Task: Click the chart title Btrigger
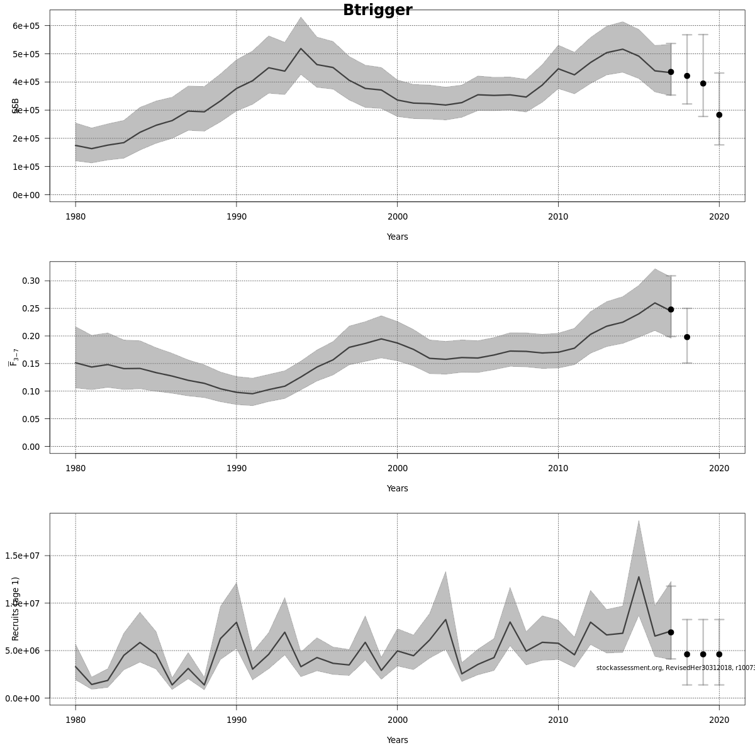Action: (377, 10)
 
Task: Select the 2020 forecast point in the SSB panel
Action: (719, 115)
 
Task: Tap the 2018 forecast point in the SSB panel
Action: (687, 76)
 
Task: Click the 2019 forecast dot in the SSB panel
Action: (703, 84)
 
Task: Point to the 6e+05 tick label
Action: (26, 26)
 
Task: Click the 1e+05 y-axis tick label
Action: (26, 167)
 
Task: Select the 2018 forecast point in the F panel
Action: (687, 337)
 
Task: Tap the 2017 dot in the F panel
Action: (671, 310)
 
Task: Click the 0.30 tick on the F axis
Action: (31, 281)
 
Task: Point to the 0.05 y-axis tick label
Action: (31, 419)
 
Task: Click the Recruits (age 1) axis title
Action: (16, 608)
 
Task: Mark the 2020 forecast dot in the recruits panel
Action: (719, 654)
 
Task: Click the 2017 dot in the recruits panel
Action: (671, 632)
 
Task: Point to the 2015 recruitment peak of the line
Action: (639, 577)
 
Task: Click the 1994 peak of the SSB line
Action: (301, 48)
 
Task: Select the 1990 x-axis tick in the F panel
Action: (236, 468)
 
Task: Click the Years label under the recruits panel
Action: (397, 740)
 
